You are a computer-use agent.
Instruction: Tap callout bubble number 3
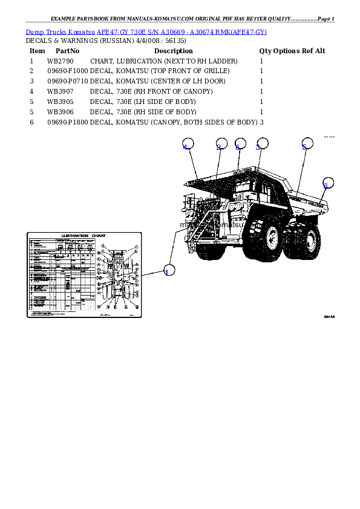click(261, 144)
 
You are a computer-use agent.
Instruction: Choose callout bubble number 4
click(188, 144)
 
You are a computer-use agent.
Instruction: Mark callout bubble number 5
click(307, 144)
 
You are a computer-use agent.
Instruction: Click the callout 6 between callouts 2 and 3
click(240, 145)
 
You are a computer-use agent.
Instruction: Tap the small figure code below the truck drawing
click(329, 316)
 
